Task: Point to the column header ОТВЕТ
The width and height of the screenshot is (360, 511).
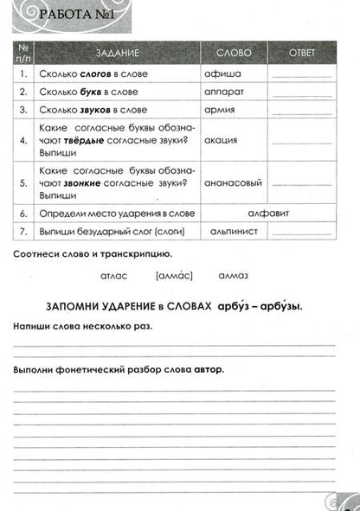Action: pos(303,53)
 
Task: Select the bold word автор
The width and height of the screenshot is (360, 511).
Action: pos(208,369)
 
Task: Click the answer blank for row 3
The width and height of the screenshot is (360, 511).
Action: pos(302,112)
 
